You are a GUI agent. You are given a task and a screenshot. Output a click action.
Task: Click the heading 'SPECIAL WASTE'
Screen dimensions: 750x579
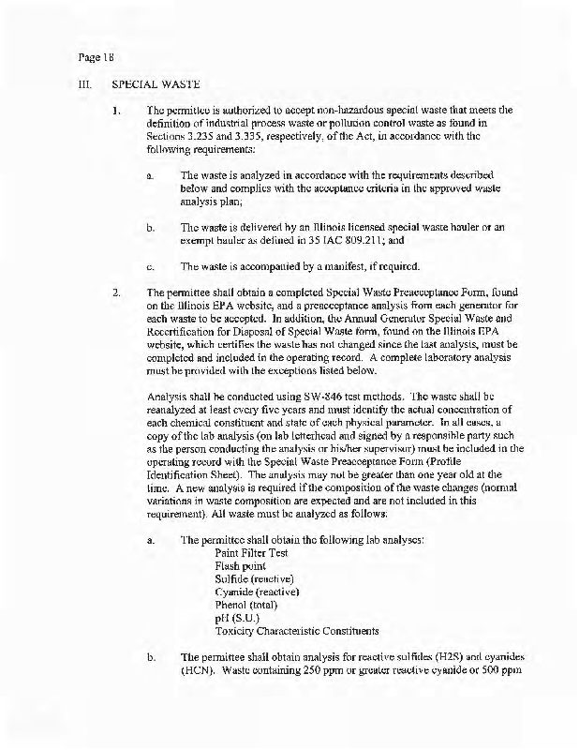click(x=156, y=83)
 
